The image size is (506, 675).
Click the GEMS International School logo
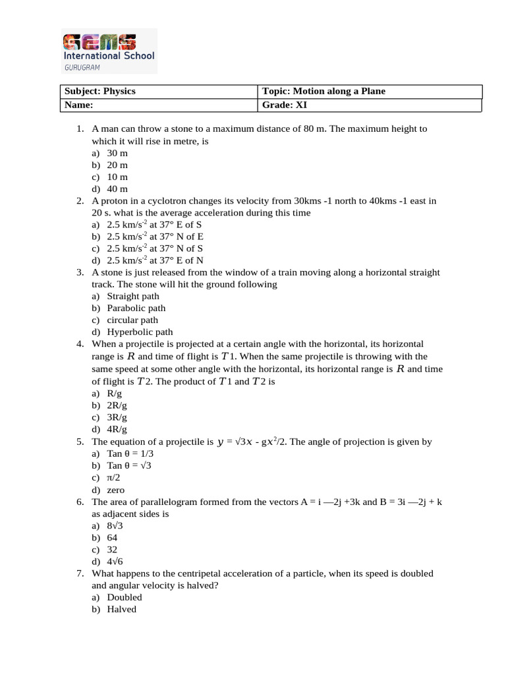click(109, 50)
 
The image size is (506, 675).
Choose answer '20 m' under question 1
click(117, 165)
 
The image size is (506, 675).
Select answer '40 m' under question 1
click(117, 189)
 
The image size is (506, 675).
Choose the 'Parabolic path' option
click(136, 308)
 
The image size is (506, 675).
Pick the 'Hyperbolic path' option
click(140, 332)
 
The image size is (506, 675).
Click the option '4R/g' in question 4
click(117, 429)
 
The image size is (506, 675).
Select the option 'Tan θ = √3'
click(129, 466)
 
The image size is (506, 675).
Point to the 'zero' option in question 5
click(116, 490)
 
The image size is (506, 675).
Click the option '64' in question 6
click(113, 537)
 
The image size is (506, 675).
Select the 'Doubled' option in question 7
click(125, 597)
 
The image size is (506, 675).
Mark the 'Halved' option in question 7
click(122, 609)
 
